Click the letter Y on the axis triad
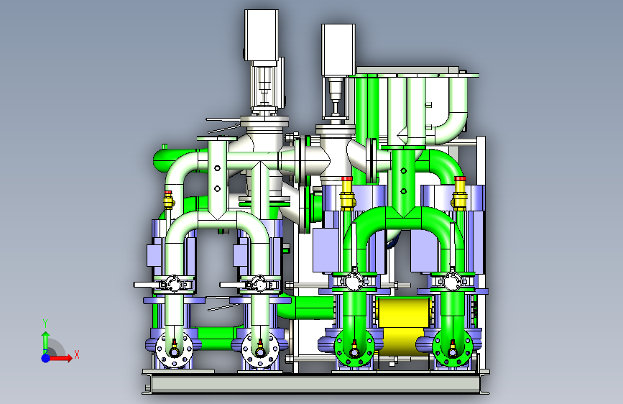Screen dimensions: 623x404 [45, 323]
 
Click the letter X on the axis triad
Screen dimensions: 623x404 [77, 354]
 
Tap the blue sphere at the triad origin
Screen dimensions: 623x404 [46, 358]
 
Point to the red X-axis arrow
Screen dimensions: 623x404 [60, 358]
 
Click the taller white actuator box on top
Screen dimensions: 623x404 [261, 35]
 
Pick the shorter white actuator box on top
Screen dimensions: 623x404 [338, 50]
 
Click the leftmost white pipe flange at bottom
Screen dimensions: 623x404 [174, 350]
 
